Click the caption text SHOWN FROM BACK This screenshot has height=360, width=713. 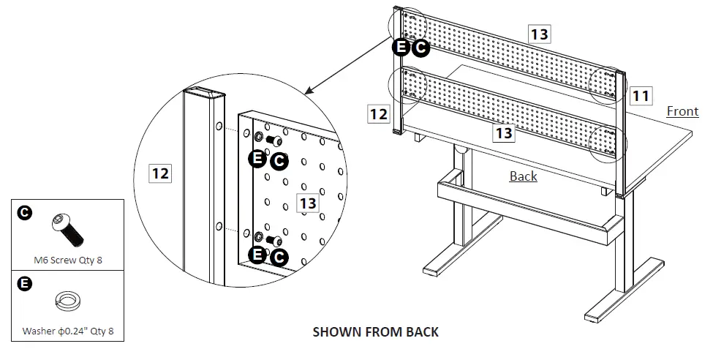pyautogui.click(x=375, y=331)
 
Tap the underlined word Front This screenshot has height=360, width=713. pyautogui.click(x=682, y=111)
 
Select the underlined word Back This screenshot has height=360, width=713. pyautogui.click(x=523, y=176)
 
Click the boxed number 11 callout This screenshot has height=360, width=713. pyautogui.click(x=640, y=95)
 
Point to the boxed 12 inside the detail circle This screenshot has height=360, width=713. pyautogui.click(x=160, y=173)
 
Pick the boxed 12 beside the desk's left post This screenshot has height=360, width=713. pyautogui.click(x=378, y=113)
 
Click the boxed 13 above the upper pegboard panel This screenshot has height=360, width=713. pyautogui.click(x=539, y=33)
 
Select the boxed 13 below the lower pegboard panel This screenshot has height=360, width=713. pyautogui.click(x=503, y=132)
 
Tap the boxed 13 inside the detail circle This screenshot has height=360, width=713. pyautogui.click(x=308, y=202)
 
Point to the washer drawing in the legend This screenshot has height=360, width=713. pyautogui.click(x=67, y=301)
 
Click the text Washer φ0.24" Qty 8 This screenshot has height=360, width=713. pyautogui.click(x=67, y=331)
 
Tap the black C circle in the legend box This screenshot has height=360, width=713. pyautogui.click(x=24, y=213)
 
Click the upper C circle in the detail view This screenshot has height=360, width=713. pyautogui.click(x=279, y=162)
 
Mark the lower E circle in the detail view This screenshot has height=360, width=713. pyautogui.click(x=257, y=255)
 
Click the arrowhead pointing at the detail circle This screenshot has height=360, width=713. pyautogui.click(x=307, y=91)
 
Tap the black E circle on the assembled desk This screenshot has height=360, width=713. pyautogui.click(x=401, y=48)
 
